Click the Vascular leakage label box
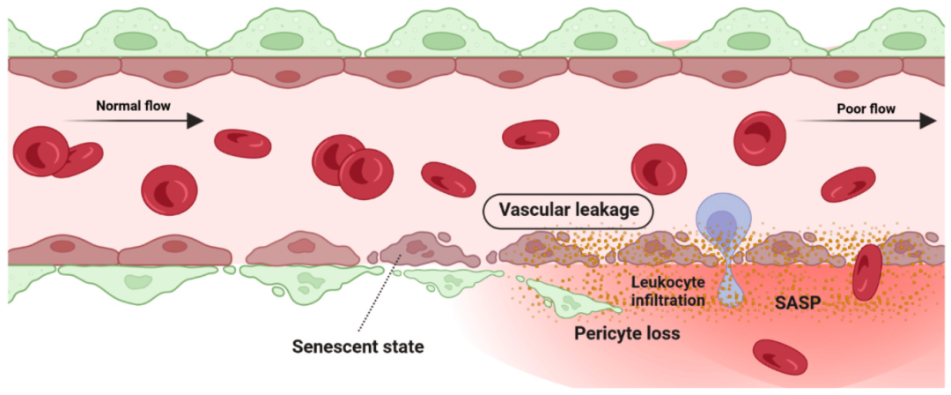tap(569, 210)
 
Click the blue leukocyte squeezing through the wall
tap(723, 220)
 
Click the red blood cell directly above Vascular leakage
tap(531, 134)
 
